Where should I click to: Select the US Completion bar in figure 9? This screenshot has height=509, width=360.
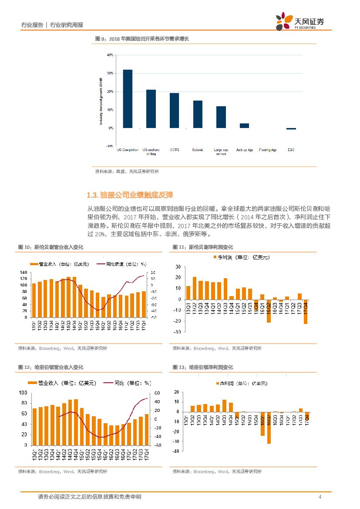pyautogui.click(x=128, y=99)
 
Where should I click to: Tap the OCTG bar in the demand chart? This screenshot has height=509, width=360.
pyautogui.click(x=174, y=111)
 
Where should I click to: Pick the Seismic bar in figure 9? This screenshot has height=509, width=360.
pyautogui.click(x=198, y=114)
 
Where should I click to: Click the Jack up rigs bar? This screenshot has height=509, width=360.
pyautogui.click(x=244, y=125)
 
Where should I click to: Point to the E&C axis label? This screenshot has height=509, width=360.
pyautogui.click(x=291, y=150)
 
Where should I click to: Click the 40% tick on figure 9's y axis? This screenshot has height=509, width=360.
pyautogui.click(x=110, y=55)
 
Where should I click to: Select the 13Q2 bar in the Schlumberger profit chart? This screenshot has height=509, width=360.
pyautogui.click(x=194, y=288)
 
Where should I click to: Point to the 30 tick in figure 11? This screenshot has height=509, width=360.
pyautogui.click(x=178, y=266)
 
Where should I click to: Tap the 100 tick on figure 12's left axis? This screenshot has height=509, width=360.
pyautogui.click(x=23, y=392)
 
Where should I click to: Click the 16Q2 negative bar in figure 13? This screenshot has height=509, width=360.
pyautogui.click(x=269, y=428)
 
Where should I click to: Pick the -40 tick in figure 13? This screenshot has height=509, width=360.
pyautogui.click(x=176, y=452)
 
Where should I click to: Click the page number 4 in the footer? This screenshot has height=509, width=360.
pyautogui.click(x=320, y=497)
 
